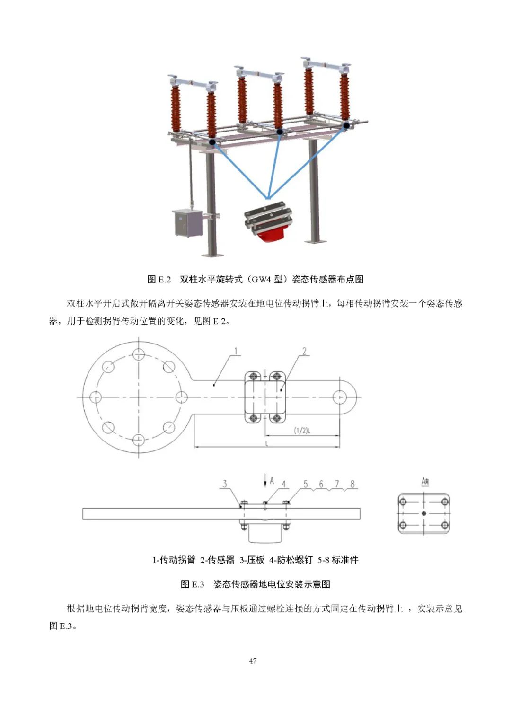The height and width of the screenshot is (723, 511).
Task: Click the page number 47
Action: (253, 661)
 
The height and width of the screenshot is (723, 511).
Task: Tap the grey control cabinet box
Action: (188, 223)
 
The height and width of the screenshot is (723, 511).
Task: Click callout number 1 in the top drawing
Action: (236, 352)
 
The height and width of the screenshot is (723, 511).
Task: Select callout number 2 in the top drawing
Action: (304, 351)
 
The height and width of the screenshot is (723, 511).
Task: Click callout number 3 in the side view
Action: (225, 484)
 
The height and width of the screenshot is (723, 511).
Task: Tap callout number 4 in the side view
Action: (284, 484)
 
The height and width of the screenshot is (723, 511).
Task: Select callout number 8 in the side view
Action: (352, 484)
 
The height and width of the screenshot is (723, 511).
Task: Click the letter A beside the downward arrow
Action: (272, 481)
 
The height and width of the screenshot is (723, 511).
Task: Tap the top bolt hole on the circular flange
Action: (138, 354)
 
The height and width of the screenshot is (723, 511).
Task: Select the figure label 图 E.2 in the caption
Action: (159, 279)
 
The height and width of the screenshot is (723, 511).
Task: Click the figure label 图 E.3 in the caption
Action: (192, 584)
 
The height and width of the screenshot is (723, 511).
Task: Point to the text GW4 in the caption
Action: (260, 279)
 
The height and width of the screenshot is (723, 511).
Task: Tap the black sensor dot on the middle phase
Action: (280, 132)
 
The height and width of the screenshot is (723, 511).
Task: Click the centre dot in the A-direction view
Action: (424, 513)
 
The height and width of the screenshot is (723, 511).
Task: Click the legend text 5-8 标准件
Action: (338, 560)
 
